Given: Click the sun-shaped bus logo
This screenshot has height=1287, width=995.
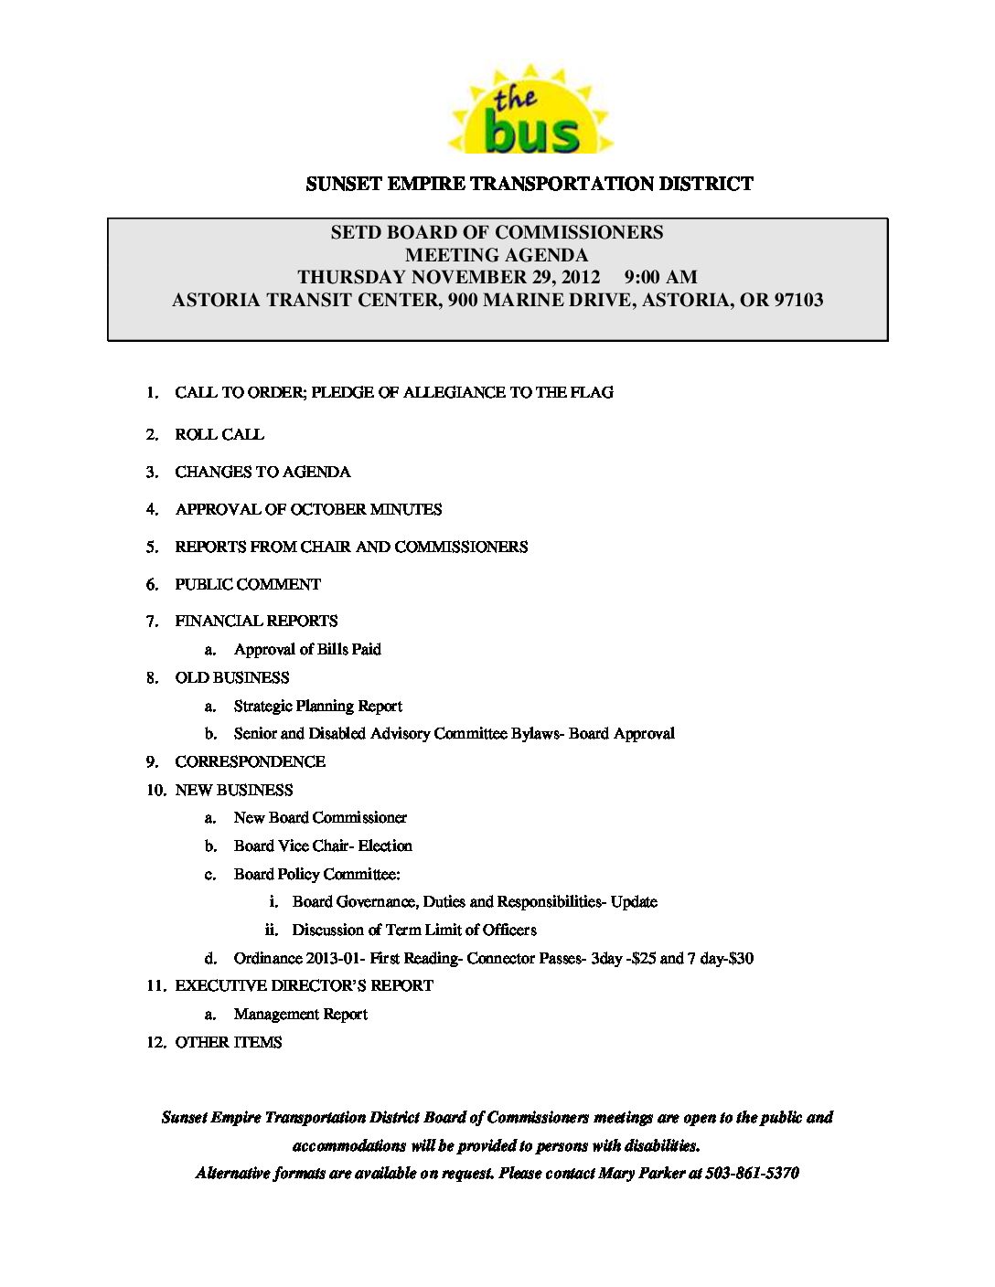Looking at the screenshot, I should [x=530, y=112].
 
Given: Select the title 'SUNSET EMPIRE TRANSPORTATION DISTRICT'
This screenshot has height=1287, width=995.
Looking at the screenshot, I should [x=529, y=184].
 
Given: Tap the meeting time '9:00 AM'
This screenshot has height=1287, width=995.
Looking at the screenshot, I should [x=660, y=277].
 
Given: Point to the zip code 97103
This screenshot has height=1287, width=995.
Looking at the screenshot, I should [x=798, y=300].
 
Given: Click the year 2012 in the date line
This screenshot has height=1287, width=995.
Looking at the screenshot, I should [x=578, y=277].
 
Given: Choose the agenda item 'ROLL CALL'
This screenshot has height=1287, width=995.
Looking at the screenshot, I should [x=219, y=435].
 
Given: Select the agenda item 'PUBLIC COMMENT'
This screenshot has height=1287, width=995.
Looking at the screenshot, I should [x=248, y=584].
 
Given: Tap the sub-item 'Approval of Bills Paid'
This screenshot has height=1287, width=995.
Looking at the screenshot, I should [x=307, y=649].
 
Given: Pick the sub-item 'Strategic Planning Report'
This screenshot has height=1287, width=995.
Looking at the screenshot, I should [x=317, y=706].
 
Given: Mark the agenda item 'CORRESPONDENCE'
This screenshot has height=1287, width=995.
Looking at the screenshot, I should [x=250, y=761].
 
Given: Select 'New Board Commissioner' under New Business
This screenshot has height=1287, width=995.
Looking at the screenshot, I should [x=320, y=817].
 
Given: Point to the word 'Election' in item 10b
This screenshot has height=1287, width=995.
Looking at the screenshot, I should [x=385, y=846].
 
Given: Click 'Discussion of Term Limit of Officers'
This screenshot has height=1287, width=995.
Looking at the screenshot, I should [x=414, y=930].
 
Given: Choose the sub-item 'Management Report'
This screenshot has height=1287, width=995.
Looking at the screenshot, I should [x=300, y=1014].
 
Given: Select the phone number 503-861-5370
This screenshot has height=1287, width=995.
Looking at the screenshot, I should [x=752, y=1173].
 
